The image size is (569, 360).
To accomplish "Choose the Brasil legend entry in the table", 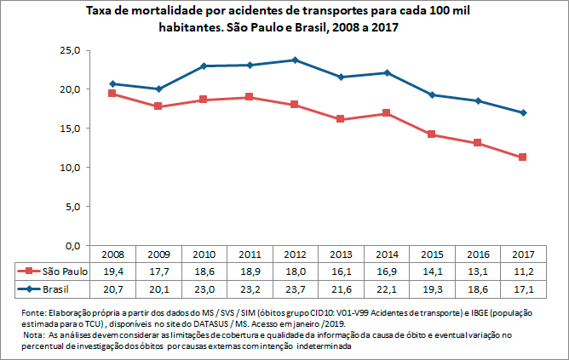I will click(x=52, y=289).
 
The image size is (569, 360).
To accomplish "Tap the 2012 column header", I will click(x=295, y=254).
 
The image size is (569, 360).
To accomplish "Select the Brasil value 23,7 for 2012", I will click(x=295, y=289).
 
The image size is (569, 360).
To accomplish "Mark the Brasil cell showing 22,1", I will click(x=387, y=289).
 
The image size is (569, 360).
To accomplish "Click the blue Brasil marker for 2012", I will click(x=295, y=60).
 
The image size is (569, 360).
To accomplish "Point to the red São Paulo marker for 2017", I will click(x=523, y=157).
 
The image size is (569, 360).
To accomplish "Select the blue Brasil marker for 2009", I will click(x=158, y=89).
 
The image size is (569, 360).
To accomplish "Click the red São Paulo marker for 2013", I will click(x=341, y=119).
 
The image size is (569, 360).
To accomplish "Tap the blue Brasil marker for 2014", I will click(x=387, y=72).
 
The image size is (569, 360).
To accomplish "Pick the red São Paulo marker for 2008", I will click(x=112, y=94).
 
